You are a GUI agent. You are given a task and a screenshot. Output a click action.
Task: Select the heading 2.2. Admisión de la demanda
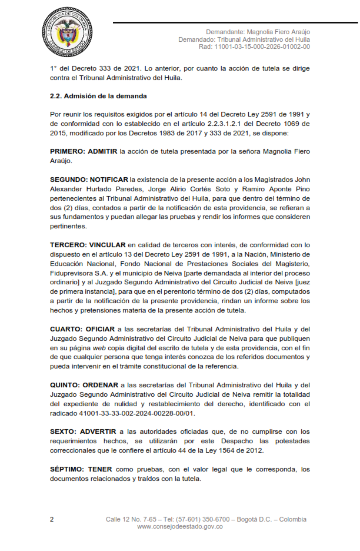[98, 96]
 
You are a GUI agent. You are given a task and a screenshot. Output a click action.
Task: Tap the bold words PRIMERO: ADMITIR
[83, 151]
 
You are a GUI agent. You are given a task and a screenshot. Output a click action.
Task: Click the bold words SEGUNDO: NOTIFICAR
[89, 179]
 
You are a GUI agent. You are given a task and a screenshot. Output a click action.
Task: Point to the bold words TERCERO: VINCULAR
[88, 244]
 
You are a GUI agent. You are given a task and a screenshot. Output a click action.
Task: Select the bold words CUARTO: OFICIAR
[82, 329]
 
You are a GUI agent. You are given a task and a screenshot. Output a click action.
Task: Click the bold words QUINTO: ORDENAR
[84, 385]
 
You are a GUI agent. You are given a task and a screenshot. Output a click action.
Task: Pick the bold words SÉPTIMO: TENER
[81, 469]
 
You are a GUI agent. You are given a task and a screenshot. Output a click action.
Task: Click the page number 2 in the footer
[52, 520]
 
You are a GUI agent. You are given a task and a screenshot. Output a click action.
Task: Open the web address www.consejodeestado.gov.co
[179, 527]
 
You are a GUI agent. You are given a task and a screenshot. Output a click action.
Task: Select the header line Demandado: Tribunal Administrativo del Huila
[244, 39]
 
